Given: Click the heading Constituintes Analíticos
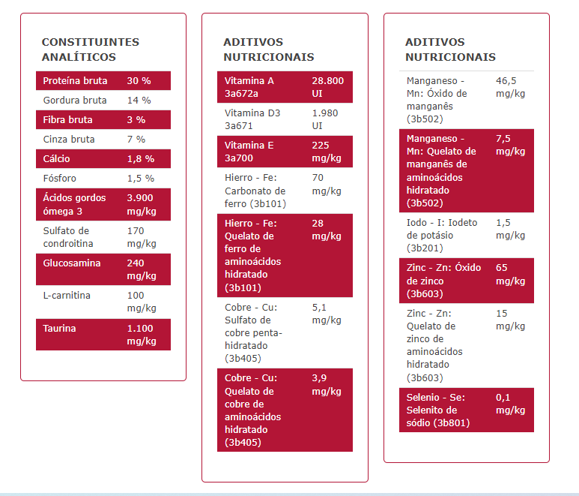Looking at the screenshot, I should click(90, 50).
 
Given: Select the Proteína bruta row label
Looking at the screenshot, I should click(75, 81).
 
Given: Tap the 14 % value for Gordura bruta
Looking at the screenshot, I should click(139, 101).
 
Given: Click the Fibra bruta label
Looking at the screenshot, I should click(68, 120).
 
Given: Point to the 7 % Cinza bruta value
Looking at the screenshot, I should click(136, 140).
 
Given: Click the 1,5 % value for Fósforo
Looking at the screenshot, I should click(140, 179).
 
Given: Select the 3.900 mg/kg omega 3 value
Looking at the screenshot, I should click(142, 204).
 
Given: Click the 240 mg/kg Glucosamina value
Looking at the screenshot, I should click(142, 269).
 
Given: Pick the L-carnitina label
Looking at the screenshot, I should click(67, 296).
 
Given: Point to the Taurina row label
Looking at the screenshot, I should click(61, 329).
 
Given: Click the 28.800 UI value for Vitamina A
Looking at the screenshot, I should click(327, 87).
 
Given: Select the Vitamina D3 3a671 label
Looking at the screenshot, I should click(252, 119).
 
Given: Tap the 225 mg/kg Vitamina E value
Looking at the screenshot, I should click(327, 152).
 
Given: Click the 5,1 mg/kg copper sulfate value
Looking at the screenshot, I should click(327, 314).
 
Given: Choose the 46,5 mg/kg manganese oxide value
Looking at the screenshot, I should click(510, 87).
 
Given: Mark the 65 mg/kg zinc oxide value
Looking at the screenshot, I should click(510, 274).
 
